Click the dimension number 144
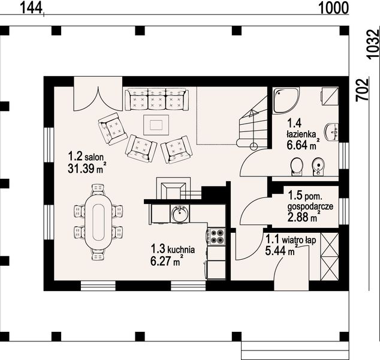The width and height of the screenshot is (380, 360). coord(31,8)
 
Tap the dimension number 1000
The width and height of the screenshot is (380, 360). coord(333,8)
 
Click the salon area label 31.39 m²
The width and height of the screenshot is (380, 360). coord(87,168)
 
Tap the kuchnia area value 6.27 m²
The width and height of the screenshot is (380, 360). coord(167,261)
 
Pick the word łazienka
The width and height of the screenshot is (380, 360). coord(301,134)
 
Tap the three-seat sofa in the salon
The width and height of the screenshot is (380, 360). coord(156,100)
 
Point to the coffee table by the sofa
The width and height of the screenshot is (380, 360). coord(156,125)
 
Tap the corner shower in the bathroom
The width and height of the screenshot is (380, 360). coord(286,100)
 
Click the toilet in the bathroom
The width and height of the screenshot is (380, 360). coord(297,167)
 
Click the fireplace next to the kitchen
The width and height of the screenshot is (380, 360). coord(173,188)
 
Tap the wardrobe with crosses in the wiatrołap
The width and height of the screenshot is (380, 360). coord(329,256)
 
